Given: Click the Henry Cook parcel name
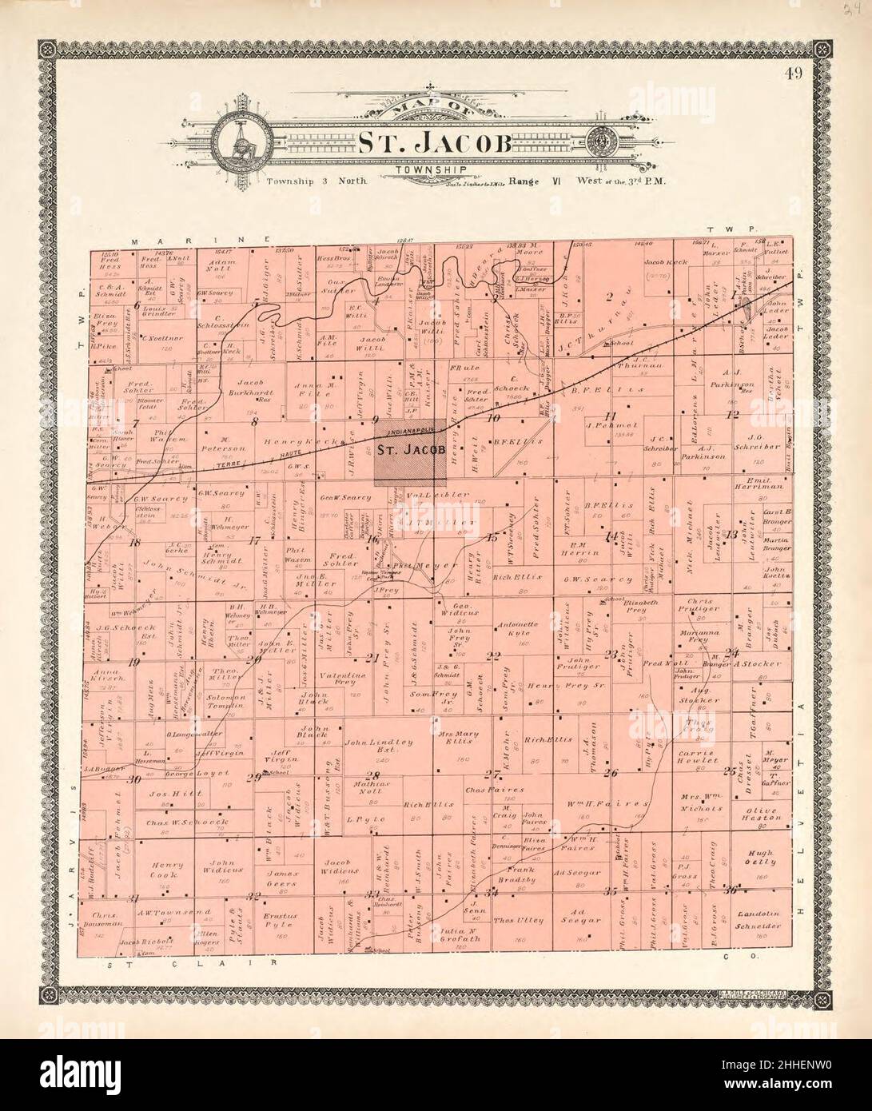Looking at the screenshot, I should [169, 870].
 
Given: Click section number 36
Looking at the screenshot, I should [729, 890].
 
